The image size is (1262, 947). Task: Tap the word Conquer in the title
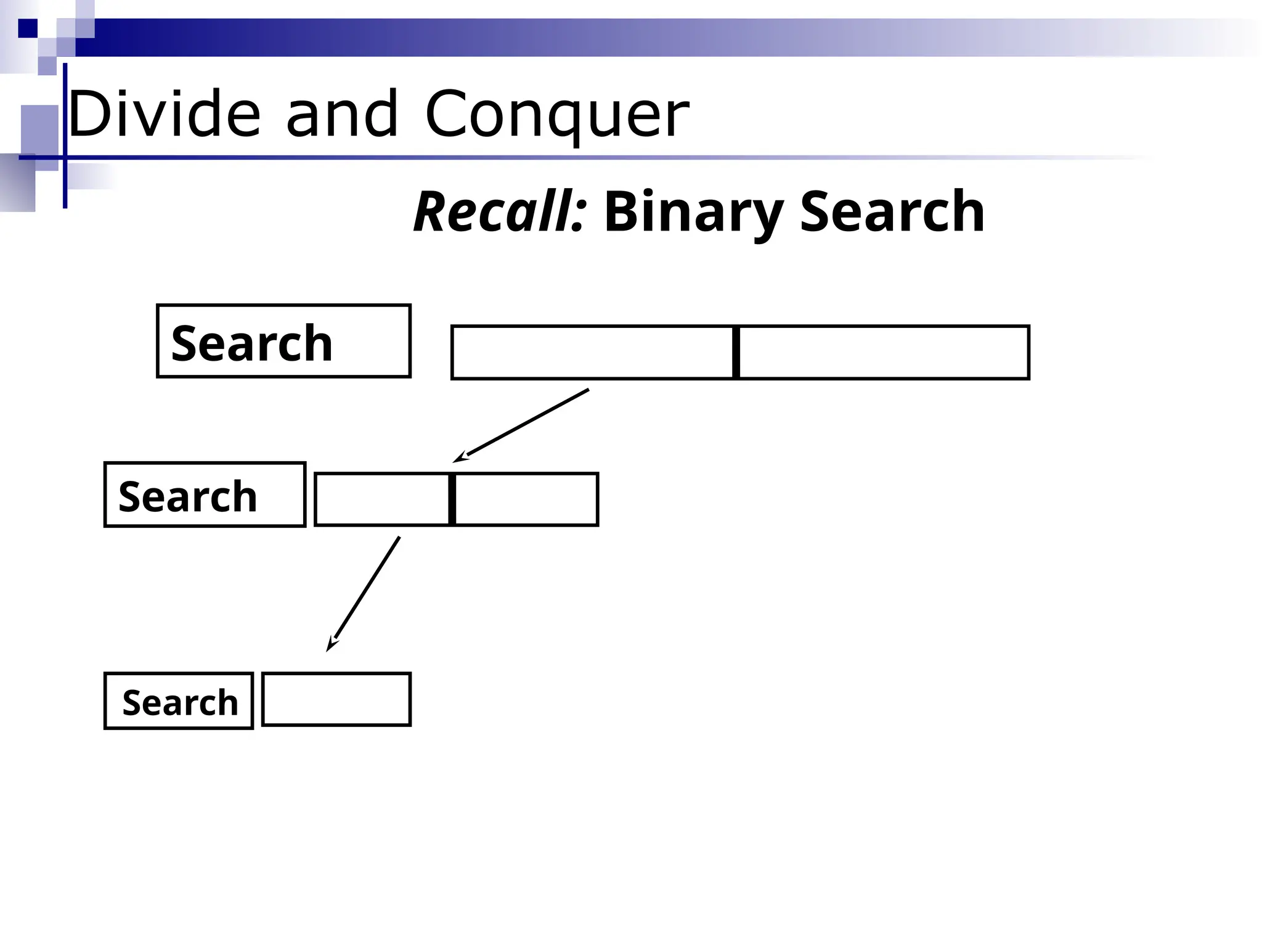[557, 114]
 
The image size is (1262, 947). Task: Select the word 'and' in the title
[342, 114]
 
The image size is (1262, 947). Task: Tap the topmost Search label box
[283, 341]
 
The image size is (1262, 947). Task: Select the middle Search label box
[205, 494]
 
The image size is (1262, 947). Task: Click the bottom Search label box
[179, 701]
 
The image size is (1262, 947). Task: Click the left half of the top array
[592, 352]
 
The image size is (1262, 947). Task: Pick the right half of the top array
[884, 352]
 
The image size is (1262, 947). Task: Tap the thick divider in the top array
[736, 352]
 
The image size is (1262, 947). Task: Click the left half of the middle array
[382, 499]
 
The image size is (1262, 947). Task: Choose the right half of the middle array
[526, 499]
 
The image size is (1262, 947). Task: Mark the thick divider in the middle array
[452, 499]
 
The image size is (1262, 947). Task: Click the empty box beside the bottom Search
[336, 699]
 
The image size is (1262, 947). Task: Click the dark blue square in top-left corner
[27, 28]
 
